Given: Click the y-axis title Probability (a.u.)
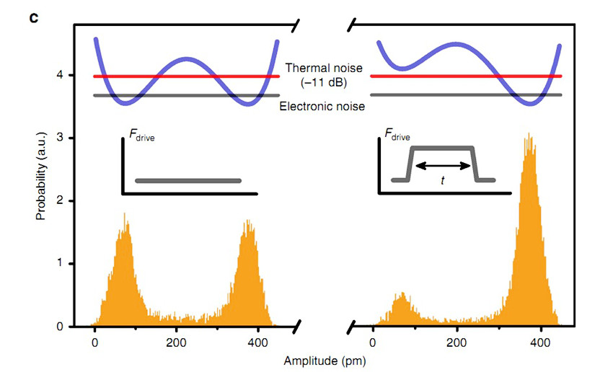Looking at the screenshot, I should tap(42, 179).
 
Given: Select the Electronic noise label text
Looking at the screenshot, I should tap(321, 106).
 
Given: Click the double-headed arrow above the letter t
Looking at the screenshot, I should tap(443, 166).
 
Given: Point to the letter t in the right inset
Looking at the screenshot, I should tap(443, 182).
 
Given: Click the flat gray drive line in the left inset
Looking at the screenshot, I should tap(188, 180).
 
